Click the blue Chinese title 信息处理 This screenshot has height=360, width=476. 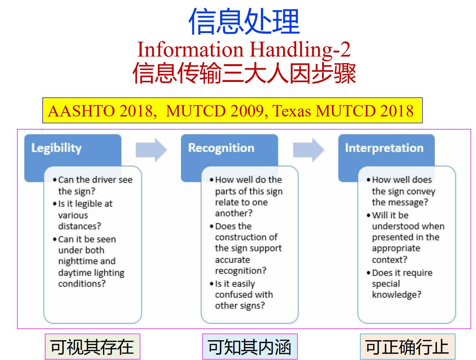click(x=244, y=21)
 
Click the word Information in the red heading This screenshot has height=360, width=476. click(x=190, y=50)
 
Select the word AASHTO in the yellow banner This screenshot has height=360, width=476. click(x=81, y=111)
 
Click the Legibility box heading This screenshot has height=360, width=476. click(x=56, y=149)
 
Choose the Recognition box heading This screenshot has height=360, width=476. click(x=221, y=148)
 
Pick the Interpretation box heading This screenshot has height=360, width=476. click(x=384, y=148)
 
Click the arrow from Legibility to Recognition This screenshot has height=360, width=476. click(x=151, y=150)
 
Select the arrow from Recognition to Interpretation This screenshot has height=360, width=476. click(x=308, y=150)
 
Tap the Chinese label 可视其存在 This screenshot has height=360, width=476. click(x=92, y=347)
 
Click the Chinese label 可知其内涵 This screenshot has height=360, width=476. click(x=249, y=347)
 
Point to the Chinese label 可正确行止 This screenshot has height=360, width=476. click(x=407, y=347)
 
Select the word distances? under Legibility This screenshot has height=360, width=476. click(x=80, y=226)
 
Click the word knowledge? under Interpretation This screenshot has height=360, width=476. click(x=397, y=295)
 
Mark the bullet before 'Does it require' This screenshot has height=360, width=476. click(x=368, y=273)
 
